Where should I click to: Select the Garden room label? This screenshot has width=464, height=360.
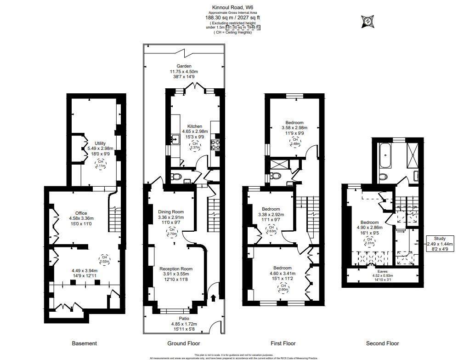pyautogui.click(x=184, y=66)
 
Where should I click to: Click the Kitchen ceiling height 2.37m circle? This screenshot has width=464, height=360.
pyautogui.click(x=195, y=146)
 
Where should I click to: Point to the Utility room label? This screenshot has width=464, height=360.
pyautogui.click(x=100, y=143)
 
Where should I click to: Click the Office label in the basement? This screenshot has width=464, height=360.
pyautogui.click(x=81, y=213)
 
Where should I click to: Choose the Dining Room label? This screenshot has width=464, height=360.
pyautogui.click(x=170, y=212)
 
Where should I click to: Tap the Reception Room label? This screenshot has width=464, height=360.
pyautogui.click(x=175, y=269)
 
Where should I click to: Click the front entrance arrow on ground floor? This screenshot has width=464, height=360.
pyautogui.click(x=213, y=299)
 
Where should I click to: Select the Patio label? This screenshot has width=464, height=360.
pyautogui.click(x=184, y=318)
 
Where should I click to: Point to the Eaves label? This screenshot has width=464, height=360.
pyautogui.click(x=382, y=271)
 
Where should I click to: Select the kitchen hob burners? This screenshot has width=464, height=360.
pyautogui.click(x=215, y=145)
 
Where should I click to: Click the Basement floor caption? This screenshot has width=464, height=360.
pyautogui.click(x=85, y=343)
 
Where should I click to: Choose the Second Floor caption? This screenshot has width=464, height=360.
pyautogui.click(x=382, y=343)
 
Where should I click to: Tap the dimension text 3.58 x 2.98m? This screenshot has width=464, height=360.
pyautogui.click(x=294, y=128)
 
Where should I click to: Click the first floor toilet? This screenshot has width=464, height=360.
pyautogui.click(x=276, y=176)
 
